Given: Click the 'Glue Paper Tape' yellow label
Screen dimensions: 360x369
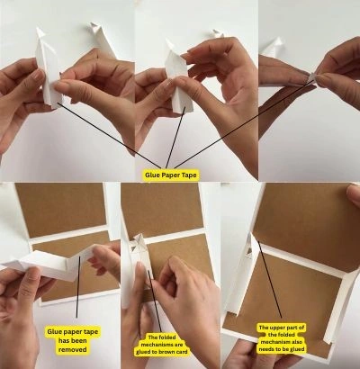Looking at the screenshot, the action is pyautogui.click(x=171, y=175).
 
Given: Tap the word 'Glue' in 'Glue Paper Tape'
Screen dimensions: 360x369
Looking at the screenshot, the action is pyautogui.click(x=152, y=175).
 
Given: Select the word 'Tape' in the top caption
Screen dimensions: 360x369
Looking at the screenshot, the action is pyautogui.click(x=189, y=175).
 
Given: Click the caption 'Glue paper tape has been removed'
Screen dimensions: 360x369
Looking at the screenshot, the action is pyautogui.click(x=72, y=340).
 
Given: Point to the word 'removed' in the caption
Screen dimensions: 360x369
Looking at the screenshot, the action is pyautogui.click(x=72, y=349).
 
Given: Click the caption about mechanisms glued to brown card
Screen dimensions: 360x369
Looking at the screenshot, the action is pyautogui.click(x=162, y=345).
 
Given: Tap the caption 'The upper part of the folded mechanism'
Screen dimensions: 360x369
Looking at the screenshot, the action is pyautogui.click(x=282, y=338).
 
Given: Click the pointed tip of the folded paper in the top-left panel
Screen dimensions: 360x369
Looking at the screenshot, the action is pyautogui.click(x=38, y=29).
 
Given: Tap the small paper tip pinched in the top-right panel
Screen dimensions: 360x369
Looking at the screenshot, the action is pyautogui.click(x=312, y=76).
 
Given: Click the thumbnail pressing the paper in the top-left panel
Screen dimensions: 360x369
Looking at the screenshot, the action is pyautogui.click(x=61, y=87).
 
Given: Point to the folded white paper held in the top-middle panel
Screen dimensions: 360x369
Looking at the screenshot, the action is pyautogui.click(x=178, y=78).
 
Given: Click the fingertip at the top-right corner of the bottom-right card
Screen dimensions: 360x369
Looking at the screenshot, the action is pyautogui.click(x=354, y=195).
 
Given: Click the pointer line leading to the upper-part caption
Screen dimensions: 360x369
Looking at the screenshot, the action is pyautogui.click(x=270, y=281).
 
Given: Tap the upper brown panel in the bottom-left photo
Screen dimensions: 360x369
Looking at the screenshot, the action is pyautogui.click(x=60, y=210).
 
